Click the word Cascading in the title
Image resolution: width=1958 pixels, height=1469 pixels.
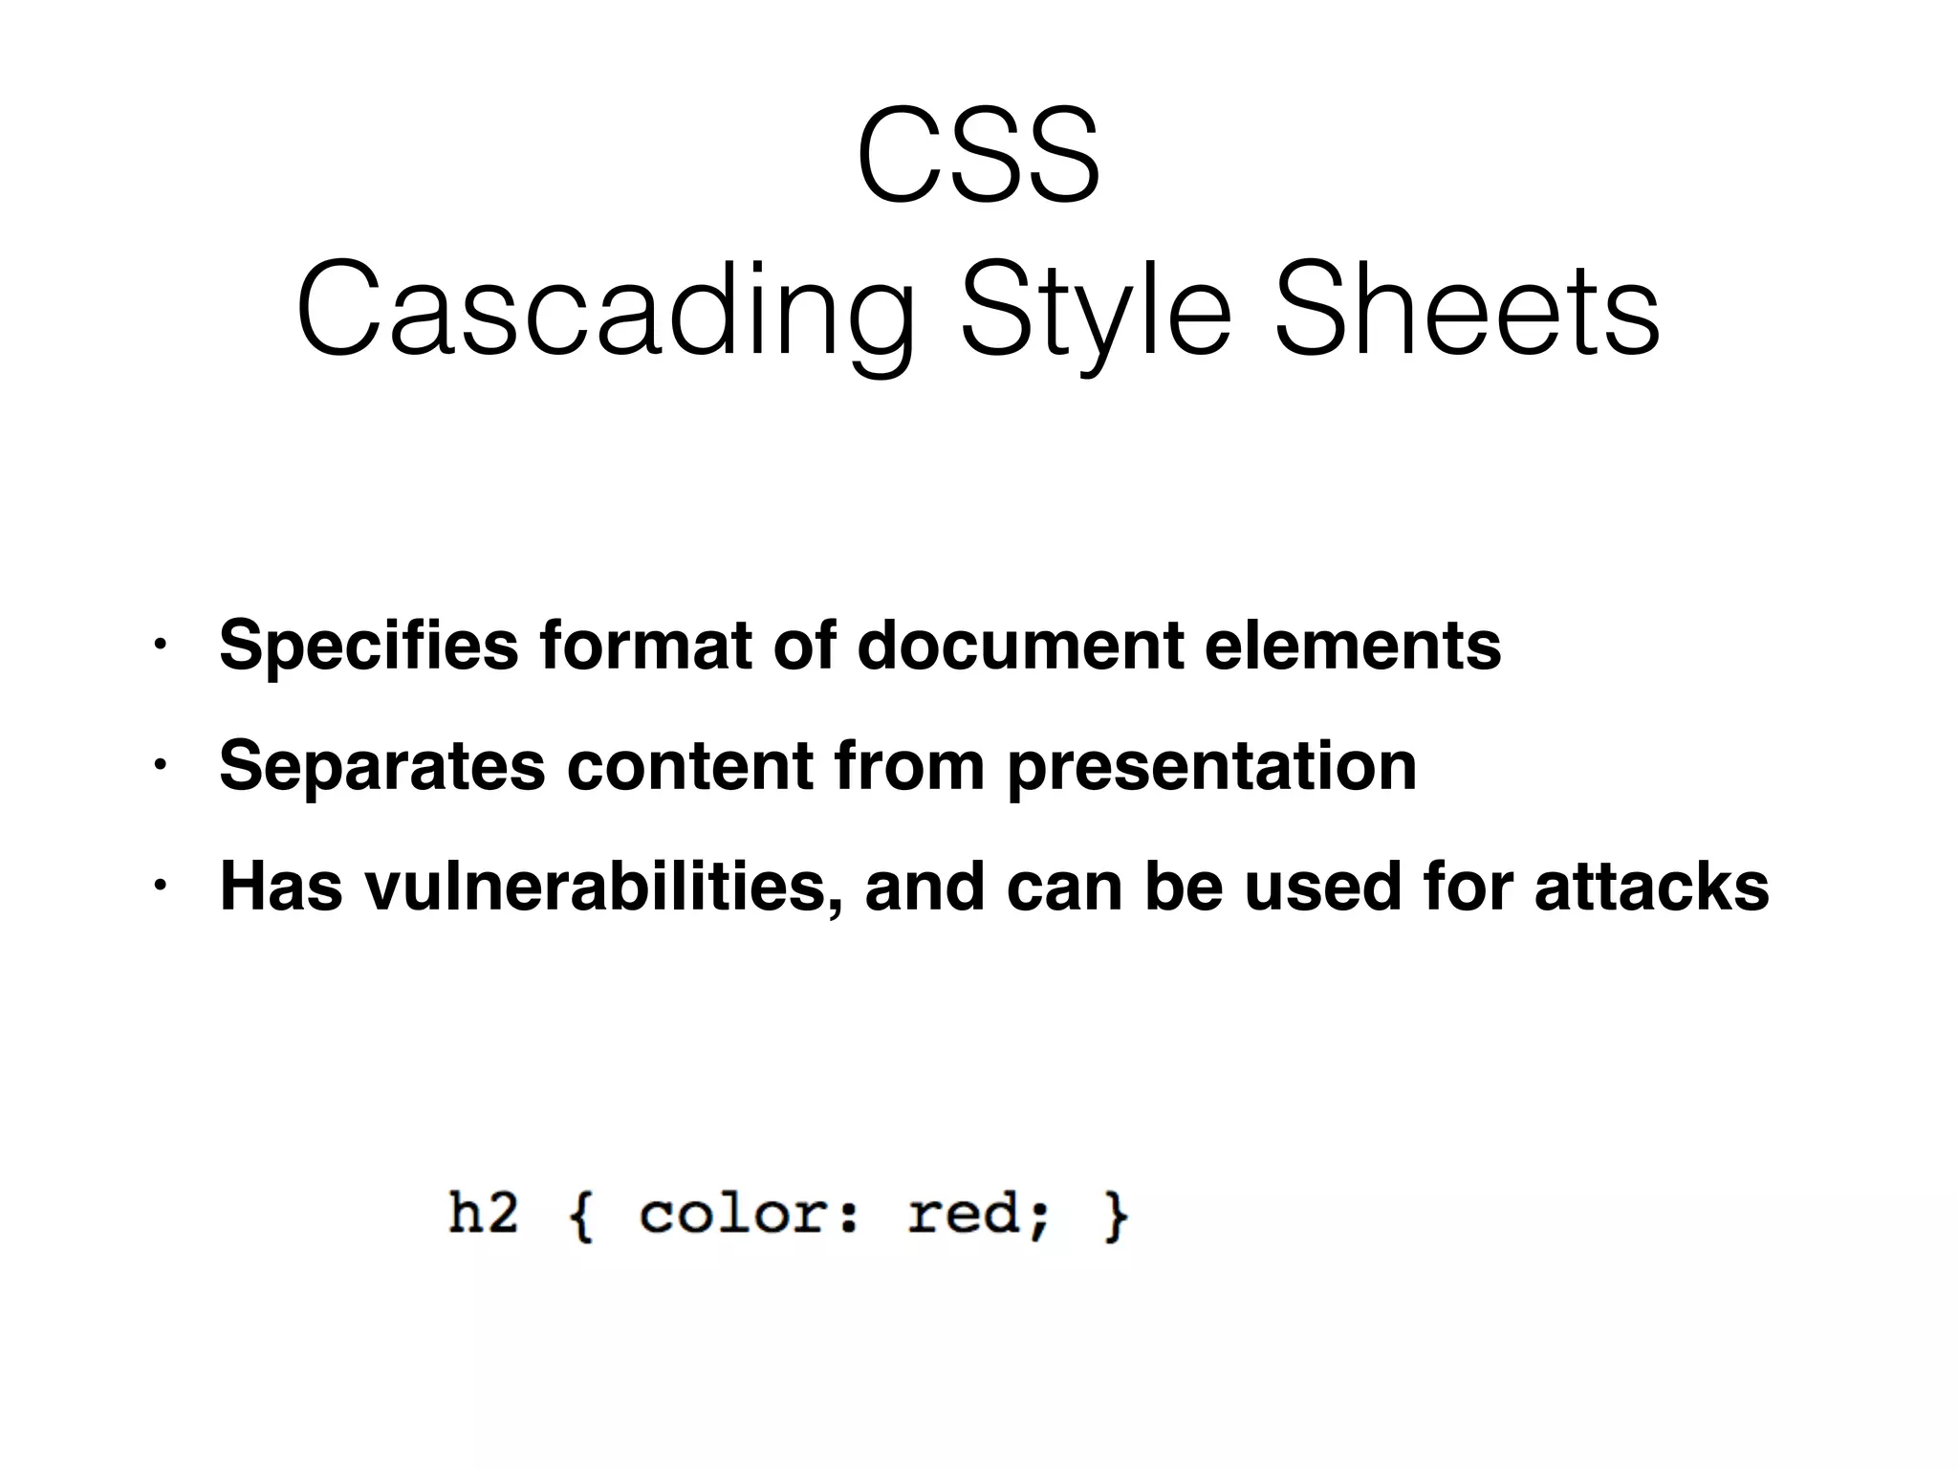click(x=605, y=311)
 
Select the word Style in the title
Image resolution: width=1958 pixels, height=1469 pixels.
click(x=1096, y=311)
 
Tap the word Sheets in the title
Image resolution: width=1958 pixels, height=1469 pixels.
click(x=1467, y=311)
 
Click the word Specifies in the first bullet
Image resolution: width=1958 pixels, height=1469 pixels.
click(x=369, y=647)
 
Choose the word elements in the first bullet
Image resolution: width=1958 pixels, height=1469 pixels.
click(x=1353, y=645)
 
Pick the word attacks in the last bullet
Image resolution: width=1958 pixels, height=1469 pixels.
click(x=1651, y=887)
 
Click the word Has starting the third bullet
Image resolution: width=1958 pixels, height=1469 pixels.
click(x=281, y=887)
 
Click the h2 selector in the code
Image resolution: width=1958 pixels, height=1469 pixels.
click(x=483, y=1214)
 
